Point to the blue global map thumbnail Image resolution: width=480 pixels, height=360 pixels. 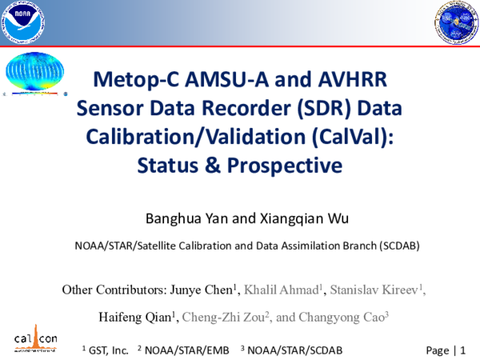[33, 74]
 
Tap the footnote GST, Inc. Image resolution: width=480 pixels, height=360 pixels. [106, 350]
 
